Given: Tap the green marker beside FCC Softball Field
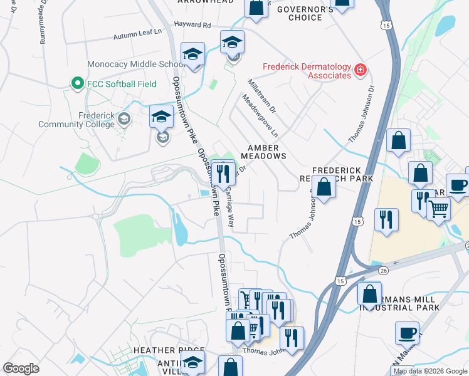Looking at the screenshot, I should pyautogui.click(x=77, y=83).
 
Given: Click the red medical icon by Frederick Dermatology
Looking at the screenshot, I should pyautogui.click(x=361, y=70).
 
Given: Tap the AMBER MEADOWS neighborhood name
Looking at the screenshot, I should pyautogui.click(x=263, y=152).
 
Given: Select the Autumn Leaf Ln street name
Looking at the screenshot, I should pyautogui.click(x=137, y=36).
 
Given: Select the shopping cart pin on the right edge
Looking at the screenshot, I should pyautogui.click(x=439, y=208).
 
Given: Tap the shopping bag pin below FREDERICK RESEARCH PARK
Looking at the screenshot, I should pyautogui.click(x=324, y=187).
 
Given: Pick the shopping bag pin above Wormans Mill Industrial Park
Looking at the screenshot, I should pyautogui.click(x=370, y=293).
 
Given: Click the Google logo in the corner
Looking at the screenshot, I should pyautogui.click(x=21, y=368).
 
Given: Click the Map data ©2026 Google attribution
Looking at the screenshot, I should pyautogui.click(x=429, y=371).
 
